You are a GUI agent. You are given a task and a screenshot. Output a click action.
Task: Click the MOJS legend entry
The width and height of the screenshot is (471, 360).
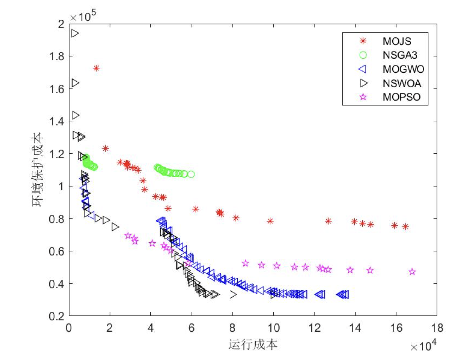397,41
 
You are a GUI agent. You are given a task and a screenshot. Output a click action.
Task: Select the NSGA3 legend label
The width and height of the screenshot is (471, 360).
400,55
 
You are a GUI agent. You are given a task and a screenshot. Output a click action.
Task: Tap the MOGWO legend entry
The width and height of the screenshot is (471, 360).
403,69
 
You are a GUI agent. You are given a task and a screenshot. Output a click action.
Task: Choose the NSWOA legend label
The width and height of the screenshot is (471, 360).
402,83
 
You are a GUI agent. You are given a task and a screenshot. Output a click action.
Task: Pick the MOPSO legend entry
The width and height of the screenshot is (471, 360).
401,97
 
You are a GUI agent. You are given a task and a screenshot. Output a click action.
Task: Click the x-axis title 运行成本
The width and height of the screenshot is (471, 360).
253,345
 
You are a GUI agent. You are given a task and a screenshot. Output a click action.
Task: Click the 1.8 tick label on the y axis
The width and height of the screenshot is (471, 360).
57,57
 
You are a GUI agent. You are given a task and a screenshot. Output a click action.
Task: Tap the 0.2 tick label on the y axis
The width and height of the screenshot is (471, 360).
57,316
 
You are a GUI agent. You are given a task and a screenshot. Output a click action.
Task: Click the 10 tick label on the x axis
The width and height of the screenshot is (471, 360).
273,328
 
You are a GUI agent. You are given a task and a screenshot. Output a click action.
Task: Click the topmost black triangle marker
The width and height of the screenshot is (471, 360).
75,33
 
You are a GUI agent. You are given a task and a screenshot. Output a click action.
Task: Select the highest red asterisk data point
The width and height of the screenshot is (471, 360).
96,68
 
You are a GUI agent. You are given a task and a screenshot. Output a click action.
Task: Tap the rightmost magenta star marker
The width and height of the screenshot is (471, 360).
412,272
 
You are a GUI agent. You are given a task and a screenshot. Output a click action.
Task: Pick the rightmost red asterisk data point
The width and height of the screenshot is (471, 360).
405,227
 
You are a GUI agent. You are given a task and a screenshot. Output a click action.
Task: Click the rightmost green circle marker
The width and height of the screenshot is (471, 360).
191,174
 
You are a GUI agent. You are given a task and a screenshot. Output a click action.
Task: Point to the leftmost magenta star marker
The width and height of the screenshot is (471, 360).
128,235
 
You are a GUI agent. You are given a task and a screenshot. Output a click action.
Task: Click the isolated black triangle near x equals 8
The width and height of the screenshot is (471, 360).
233,295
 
